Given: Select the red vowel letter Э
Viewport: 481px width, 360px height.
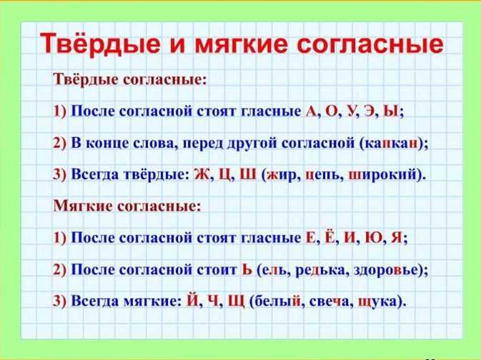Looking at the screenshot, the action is (x=370, y=111).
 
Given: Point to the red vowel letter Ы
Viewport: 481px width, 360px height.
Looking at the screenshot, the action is (x=391, y=111).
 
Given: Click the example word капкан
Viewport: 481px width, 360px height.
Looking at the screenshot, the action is (x=391, y=143).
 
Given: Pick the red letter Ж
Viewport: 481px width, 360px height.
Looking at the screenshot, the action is (x=202, y=174).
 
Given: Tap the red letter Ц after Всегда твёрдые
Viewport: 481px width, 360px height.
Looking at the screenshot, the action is (x=225, y=175).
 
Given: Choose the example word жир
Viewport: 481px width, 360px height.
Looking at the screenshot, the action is (x=282, y=176).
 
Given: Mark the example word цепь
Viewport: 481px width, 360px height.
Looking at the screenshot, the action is (x=323, y=176).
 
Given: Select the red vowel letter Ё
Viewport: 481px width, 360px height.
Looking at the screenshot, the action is (x=330, y=236).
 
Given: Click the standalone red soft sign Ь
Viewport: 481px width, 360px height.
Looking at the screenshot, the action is (x=247, y=269).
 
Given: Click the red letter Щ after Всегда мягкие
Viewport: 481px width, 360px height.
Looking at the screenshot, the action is (x=237, y=301).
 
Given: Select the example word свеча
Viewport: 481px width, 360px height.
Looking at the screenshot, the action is (x=329, y=301).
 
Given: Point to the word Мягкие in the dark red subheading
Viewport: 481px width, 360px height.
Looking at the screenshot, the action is (x=82, y=206).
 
